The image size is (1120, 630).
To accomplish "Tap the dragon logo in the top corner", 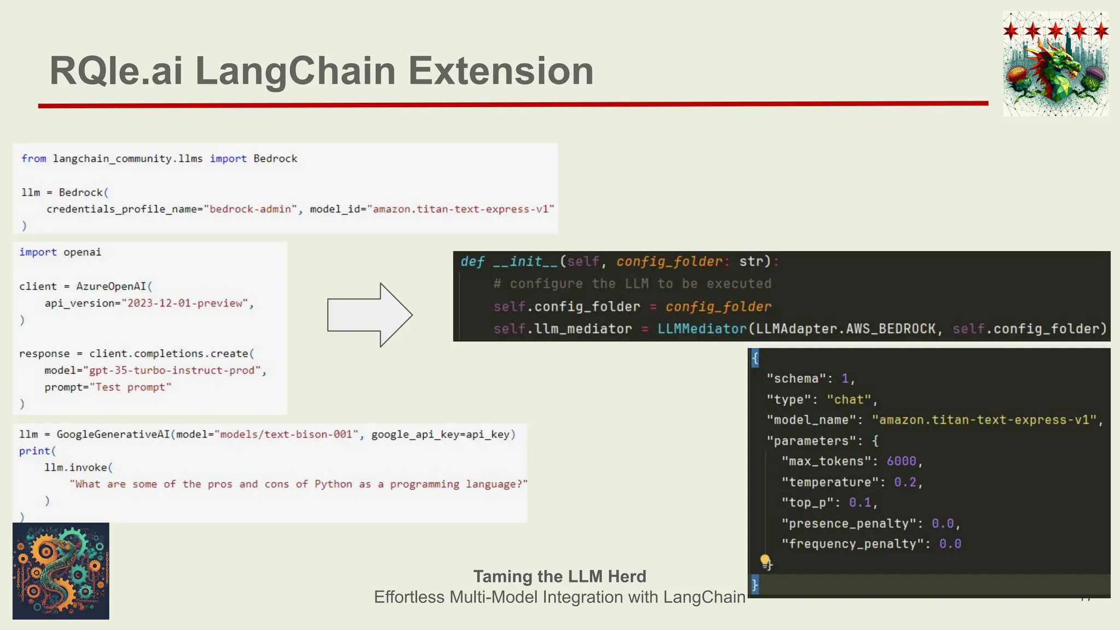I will click(x=1055, y=64).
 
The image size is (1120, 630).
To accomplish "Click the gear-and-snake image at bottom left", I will click(x=61, y=571).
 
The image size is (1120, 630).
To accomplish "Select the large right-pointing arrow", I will click(x=370, y=315).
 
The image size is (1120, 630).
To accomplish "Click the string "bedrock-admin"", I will click(x=250, y=209).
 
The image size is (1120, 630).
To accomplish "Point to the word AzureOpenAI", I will click(x=112, y=287).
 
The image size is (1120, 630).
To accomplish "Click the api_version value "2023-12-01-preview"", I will click(x=185, y=304).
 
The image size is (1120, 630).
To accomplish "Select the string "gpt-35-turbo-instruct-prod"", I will click(x=172, y=371).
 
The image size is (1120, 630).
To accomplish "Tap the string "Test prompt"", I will click(x=130, y=388).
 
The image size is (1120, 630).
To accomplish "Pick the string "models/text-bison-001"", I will click(x=287, y=435).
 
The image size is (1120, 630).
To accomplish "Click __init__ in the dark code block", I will click(x=525, y=262).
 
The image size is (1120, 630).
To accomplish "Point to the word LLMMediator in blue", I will click(x=702, y=329).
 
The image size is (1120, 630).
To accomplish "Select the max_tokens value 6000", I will click(x=901, y=462).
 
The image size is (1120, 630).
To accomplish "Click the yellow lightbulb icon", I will click(x=765, y=561).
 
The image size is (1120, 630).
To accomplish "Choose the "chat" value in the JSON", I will click(x=849, y=400).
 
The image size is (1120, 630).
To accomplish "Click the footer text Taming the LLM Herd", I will click(x=559, y=576).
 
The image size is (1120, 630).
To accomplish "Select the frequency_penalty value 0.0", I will click(x=950, y=544).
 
